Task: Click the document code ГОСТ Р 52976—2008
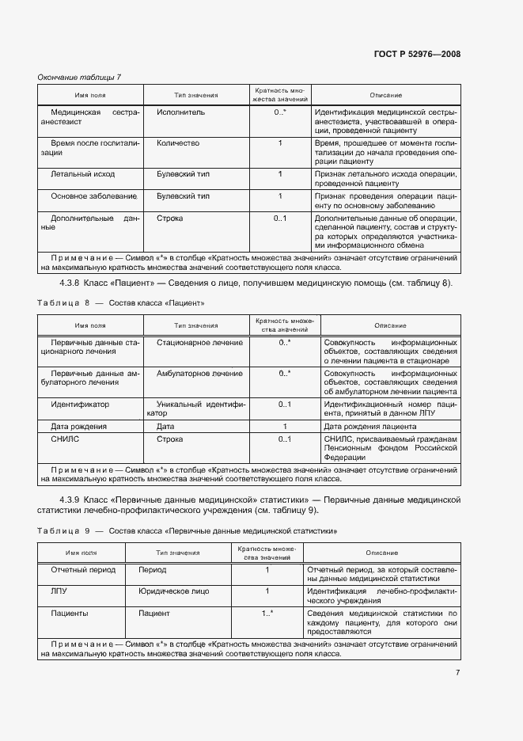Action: (416, 54)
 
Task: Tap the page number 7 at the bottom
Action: (457, 673)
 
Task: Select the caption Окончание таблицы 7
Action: (79, 77)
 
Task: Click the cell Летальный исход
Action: (82, 173)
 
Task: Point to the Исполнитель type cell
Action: (180, 112)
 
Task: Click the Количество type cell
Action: (178, 143)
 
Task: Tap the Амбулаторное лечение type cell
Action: (199, 373)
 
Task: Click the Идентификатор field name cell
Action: (80, 404)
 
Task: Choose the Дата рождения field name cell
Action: (78, 426)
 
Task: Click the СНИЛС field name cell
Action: (65, 438)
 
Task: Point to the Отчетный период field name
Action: (83, 569)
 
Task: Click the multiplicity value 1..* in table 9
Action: (267, 613)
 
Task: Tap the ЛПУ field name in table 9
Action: (59, 591)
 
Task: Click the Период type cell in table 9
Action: (153, 569)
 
